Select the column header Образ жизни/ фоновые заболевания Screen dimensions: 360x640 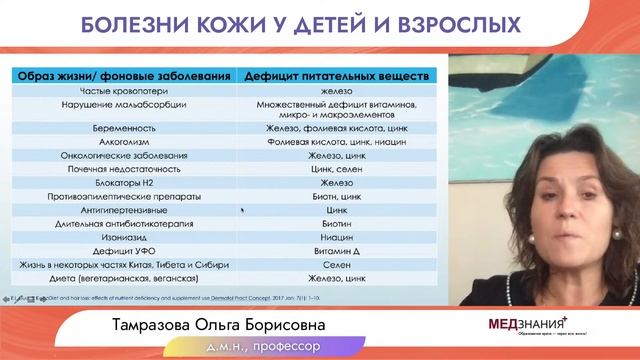click(x=125, y=75)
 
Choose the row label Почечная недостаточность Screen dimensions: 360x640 click(x=125, y=169)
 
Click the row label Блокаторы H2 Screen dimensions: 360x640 click(x=125, y=183)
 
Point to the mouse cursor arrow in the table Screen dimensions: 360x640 click(x=243, y=210)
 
